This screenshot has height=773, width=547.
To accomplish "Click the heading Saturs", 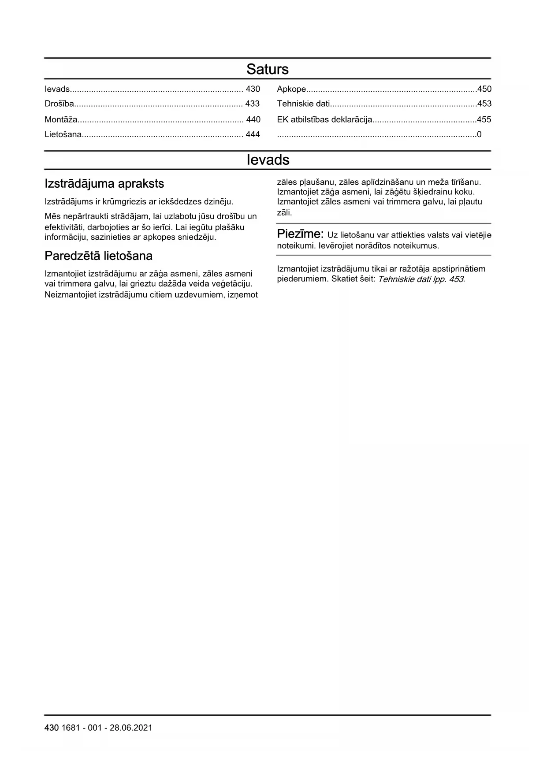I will point(267,69).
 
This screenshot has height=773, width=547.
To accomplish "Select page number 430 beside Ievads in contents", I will point(253,89).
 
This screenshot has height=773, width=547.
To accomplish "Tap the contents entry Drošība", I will point(59,104).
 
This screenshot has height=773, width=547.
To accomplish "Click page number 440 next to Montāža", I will point(253,119).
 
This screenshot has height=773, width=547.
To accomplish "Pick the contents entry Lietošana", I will point(63,134).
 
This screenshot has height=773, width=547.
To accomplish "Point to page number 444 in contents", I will point(253,134).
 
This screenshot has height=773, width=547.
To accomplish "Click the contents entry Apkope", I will point(291,89).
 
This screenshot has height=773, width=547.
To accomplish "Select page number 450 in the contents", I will point(484,89).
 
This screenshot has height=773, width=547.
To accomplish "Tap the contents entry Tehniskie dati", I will point(303,104).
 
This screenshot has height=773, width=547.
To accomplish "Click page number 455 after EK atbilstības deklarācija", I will point(484,119).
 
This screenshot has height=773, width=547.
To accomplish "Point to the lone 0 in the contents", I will point(479,134).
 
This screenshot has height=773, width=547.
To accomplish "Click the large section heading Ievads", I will point(268,160).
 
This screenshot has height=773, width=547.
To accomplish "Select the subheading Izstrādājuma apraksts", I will point(104,184).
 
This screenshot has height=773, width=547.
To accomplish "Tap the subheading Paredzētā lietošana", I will point(98,256).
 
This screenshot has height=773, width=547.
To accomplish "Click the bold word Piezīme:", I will point(300,234).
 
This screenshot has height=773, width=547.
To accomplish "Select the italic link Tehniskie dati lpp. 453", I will point(421,279).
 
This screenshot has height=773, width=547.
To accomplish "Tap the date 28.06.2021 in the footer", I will point(131,728).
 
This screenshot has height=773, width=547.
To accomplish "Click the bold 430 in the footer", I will point(52,728).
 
